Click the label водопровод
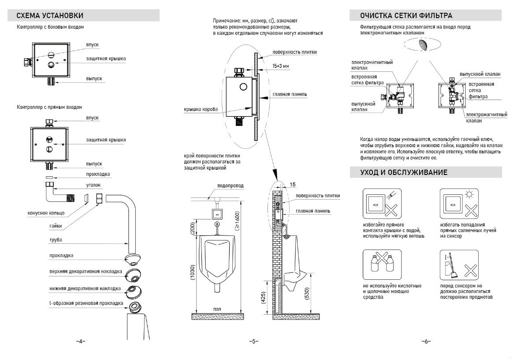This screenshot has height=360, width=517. tap(230, 186)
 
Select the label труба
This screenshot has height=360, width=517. tap(56, 240)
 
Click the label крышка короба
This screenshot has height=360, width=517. tap(201, 109)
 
